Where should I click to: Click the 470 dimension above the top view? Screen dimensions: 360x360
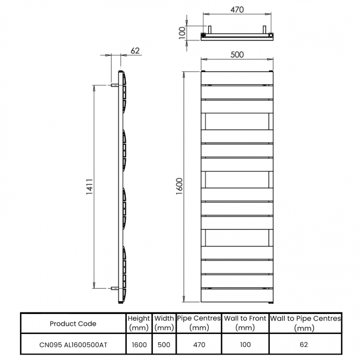(236, 10)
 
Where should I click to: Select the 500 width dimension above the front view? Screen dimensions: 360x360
(236, 54)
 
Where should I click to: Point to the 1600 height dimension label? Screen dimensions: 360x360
(179, 186)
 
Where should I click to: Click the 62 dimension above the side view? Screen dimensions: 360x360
(135, 50)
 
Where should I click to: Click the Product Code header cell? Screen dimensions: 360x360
(73, 323)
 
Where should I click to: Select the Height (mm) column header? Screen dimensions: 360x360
(138, 323)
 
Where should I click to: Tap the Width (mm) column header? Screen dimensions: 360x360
(164, 323)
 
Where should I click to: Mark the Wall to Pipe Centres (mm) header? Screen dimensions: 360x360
(305, 323)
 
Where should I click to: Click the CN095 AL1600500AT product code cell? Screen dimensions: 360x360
(73, 344)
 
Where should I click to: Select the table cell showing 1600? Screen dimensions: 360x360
(138, 344)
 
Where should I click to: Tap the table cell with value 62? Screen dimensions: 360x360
(305, 344)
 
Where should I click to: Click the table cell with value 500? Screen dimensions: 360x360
(164, 344)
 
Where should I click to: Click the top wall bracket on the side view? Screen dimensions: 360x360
(115, 86)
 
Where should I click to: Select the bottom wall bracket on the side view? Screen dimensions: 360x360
(115, 288)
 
